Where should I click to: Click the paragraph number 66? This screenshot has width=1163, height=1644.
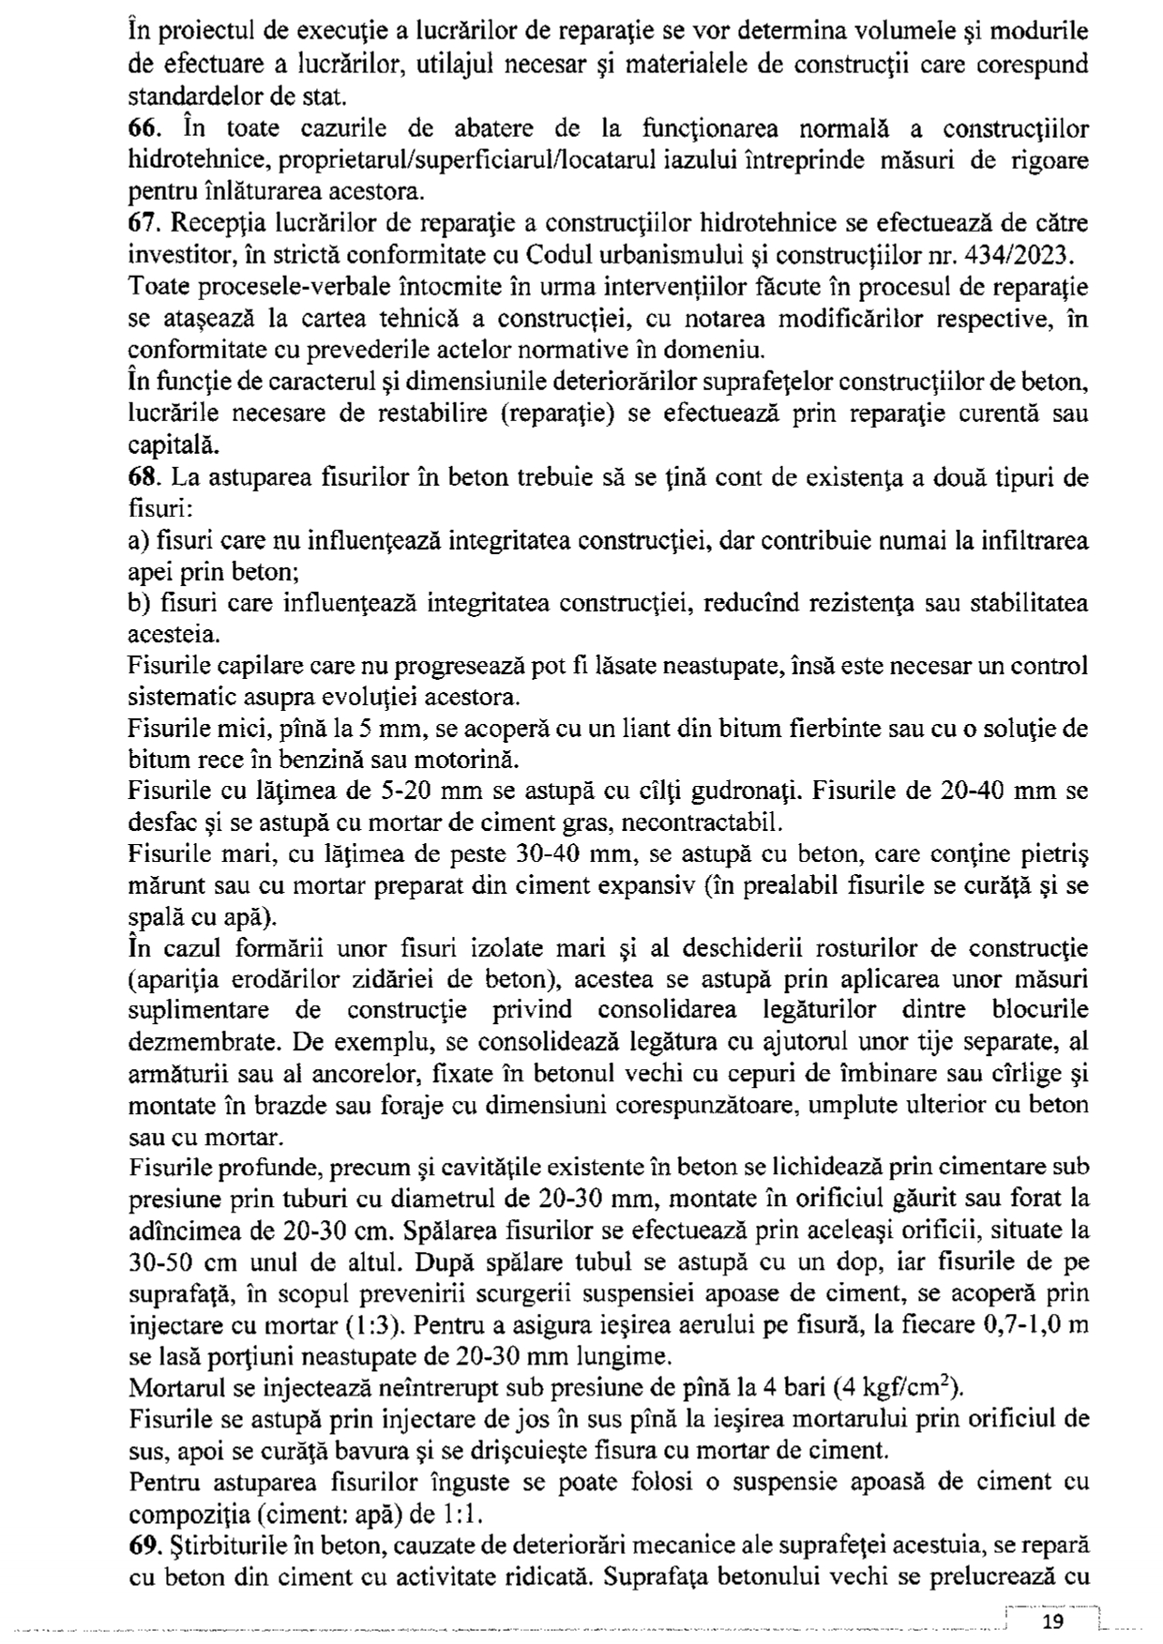click(x=142, y=128)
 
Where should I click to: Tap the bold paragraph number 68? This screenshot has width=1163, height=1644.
click(x=142, y=477)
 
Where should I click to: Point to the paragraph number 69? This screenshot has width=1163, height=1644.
click(x=143, y=1544)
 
